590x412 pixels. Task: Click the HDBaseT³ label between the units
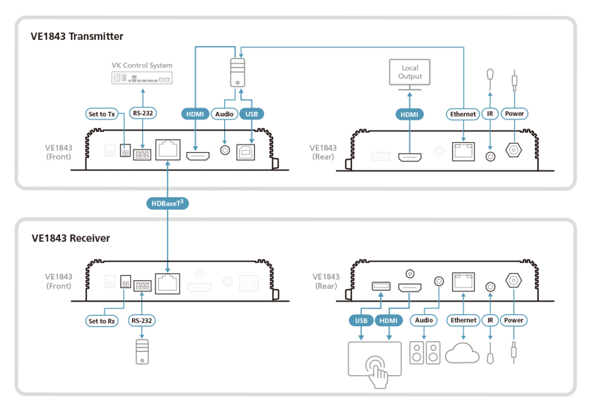click(x=167, y=202)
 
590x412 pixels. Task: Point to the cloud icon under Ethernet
click(x=462, y=353)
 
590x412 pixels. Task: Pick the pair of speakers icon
click(x=425, y=353)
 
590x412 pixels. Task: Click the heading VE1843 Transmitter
click(x=77, y=36)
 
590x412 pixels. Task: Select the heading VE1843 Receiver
click(x=71, y=238)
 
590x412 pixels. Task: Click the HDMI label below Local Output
click(x=410, y=114)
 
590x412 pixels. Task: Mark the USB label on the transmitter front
click(x=252, y=114)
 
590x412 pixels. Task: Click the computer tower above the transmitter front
click(x=238, y=71)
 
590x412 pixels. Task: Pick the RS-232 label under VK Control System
click(x=142, y=114)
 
